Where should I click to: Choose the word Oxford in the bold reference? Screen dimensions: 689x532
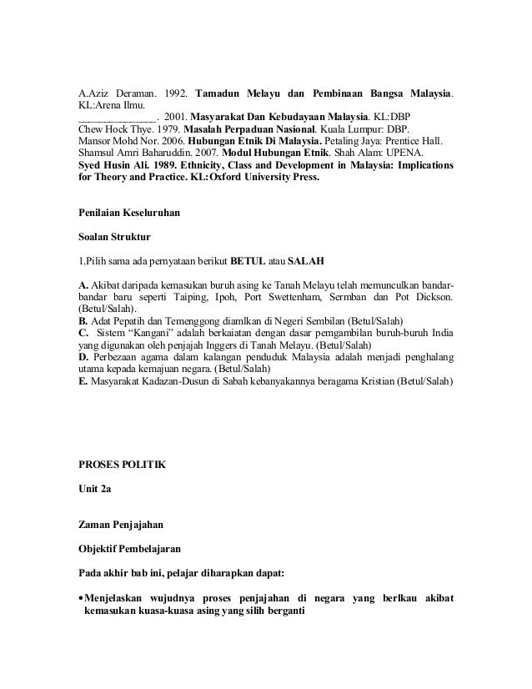212,179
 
